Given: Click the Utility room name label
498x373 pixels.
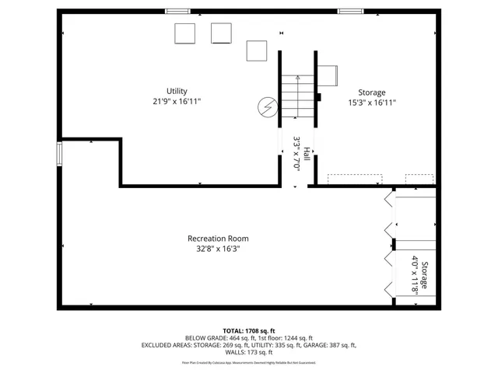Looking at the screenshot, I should click(x=177, y=91).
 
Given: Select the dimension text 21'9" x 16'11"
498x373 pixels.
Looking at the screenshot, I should click(x=177, y=101).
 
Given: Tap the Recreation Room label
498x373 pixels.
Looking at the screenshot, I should click(x=218, y=238).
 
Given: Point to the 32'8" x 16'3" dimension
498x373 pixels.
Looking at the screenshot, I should click(x=218, y=249).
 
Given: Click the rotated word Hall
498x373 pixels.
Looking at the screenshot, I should click(x=307, y=154).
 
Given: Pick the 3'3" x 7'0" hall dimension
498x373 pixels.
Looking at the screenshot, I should click(x=296, y=154).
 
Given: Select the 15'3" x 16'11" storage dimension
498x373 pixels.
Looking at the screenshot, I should click(x=371, y=103).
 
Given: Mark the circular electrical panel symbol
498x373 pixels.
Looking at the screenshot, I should click(x=267, y=106).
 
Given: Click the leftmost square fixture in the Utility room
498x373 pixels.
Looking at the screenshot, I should click(x=184, y=33).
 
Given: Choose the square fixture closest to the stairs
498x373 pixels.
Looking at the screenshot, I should click(x=257, y=51).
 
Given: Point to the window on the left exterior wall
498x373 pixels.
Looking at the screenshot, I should click(x=60, y=154).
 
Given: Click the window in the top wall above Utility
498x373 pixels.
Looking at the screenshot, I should click(x=177, y=11).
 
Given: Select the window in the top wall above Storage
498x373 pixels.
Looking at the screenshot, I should click(x=349, y=11).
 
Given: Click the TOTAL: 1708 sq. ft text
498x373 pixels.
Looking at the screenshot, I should click(x=248, y=330).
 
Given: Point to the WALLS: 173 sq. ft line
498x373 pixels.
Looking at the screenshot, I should click(x=248, y=353).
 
